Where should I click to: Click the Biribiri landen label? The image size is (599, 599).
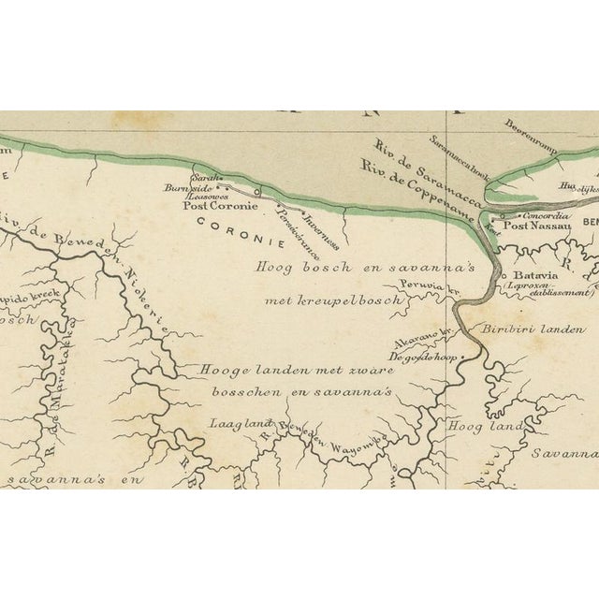[x=533, y=329]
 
